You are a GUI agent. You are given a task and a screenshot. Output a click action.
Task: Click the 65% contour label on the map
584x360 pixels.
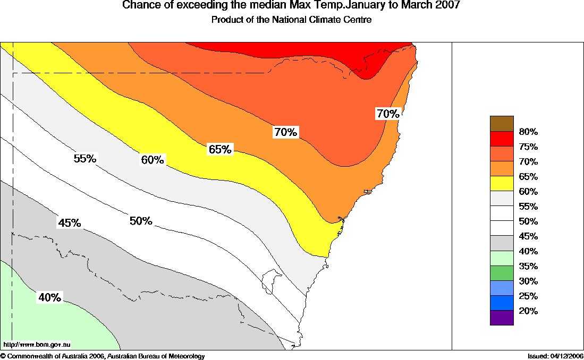(220, 150)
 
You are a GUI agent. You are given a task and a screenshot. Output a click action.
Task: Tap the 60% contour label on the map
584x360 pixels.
(153, 160)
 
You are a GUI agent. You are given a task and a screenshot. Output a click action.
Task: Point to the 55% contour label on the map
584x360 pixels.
(84, 158)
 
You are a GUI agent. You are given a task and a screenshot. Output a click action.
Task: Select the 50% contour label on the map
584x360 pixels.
(141, 221)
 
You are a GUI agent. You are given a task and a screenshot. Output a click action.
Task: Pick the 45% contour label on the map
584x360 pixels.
(70, 223)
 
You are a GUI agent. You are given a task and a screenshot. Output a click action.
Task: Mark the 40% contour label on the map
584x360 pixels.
(49, 298)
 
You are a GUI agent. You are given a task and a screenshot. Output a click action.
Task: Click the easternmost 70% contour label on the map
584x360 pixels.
(387, 114)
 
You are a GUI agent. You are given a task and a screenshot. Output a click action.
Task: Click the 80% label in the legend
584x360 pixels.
(528, 132)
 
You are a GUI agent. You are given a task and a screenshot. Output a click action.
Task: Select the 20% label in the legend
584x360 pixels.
(528, 311)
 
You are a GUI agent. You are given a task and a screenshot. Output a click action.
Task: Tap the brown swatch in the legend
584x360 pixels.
(502, 123)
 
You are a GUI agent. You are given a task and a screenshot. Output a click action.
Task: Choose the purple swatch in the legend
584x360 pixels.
(502, 318)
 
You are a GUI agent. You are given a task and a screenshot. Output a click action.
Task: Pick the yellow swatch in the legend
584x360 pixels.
(502, 183)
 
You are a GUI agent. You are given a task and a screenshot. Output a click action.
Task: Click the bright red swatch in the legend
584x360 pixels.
(502, 139)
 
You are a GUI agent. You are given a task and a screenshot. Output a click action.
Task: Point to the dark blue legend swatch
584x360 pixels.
(502, 303)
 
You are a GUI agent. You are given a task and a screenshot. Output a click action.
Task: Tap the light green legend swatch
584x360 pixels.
(502, 258)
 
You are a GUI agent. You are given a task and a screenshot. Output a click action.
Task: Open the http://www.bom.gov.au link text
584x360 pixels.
(37, 345)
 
